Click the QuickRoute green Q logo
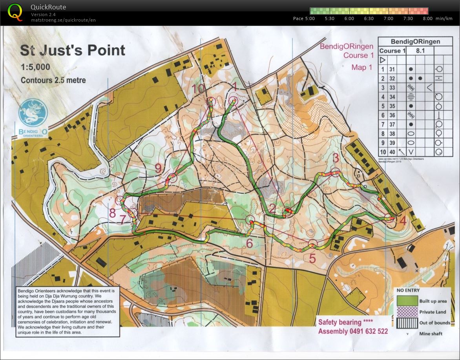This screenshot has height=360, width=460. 15,12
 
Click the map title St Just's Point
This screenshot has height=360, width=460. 73,50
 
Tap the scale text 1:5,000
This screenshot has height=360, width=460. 35,67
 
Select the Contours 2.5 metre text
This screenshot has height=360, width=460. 53,80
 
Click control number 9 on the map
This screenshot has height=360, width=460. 158,168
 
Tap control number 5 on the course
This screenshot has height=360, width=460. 312,258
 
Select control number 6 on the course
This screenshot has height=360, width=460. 250,243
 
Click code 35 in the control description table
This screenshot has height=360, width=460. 392,106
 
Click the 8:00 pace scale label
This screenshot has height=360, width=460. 427,18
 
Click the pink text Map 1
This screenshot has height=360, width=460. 361,68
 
